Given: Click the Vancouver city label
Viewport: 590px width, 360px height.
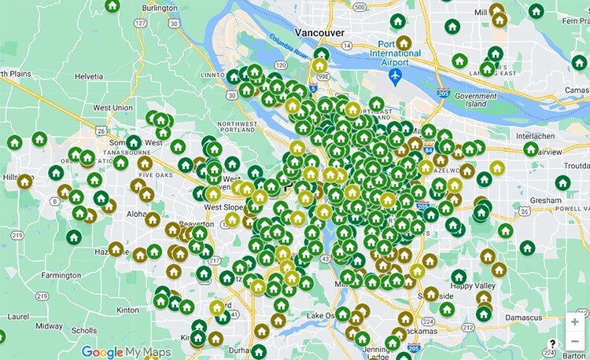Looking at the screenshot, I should coord(319,32).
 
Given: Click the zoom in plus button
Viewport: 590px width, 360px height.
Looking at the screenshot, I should coord(575,322).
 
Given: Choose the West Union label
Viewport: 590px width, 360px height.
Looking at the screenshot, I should coord(112,107).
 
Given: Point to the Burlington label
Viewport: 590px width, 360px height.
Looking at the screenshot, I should coord(161,8).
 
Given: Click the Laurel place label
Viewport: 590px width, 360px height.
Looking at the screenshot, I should coord(18,317).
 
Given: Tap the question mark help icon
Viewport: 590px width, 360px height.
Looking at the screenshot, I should coord(555,343).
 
